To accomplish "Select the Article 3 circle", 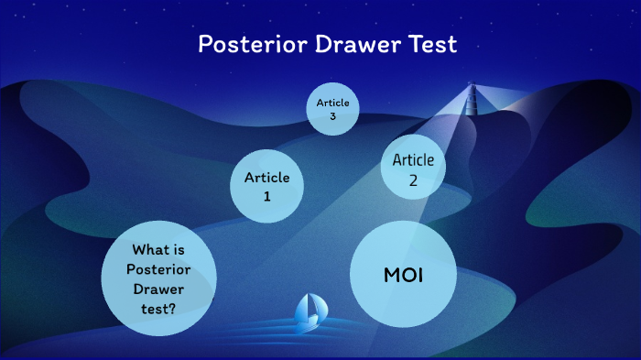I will tap(332, 108).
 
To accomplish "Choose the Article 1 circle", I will tap(266, 185).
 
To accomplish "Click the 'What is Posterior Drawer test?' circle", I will tap(158, 278).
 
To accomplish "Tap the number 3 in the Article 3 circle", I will tap(332, 115).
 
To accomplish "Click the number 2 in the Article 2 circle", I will tap(413, 180).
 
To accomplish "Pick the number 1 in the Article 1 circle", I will tap(266, 194).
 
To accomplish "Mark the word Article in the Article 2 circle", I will tap(413, 160).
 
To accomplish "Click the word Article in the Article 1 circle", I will tap(266, 177).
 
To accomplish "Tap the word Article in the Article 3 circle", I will tap(332, 103).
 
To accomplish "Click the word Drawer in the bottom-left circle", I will tap(158, 288).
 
